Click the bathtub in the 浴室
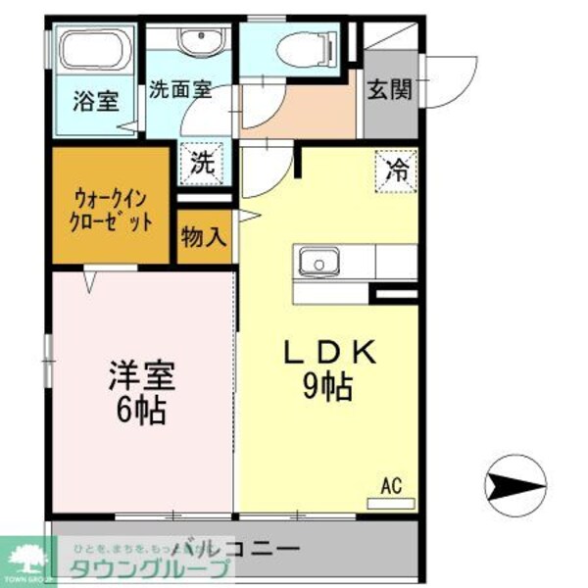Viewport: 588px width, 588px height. click(x=92, y=50)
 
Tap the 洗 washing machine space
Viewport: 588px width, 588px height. click(x=201, y=163)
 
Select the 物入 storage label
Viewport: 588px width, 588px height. click(x=204, y=238)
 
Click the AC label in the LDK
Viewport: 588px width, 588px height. click(x=391, y=484)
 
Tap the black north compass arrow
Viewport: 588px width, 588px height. click(x=516, y=482)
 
